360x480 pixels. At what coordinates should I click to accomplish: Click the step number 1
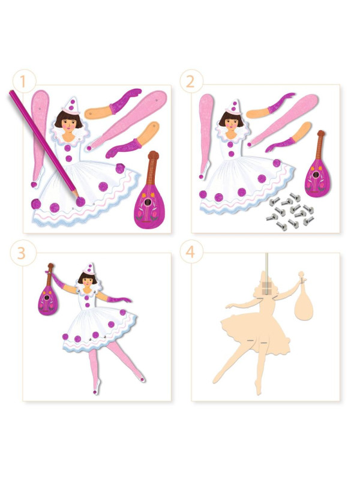(x=22, y=82)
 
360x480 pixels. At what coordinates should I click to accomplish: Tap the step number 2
(x=190, y=82)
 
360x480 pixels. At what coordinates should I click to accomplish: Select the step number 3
(x=21, y=253)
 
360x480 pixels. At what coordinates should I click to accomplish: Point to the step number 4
(x=190, y=252)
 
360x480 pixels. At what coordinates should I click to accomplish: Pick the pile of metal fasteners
(x=291, y=211)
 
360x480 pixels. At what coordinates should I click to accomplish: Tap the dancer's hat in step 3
(x=89, y=268)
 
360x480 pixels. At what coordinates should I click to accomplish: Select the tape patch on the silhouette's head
(x=266, y=287)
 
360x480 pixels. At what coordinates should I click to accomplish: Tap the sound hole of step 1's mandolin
(x=148, y=202)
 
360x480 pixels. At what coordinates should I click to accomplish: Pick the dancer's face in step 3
(x=87, y=283)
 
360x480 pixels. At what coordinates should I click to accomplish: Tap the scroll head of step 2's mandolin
(x=321, y=133)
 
